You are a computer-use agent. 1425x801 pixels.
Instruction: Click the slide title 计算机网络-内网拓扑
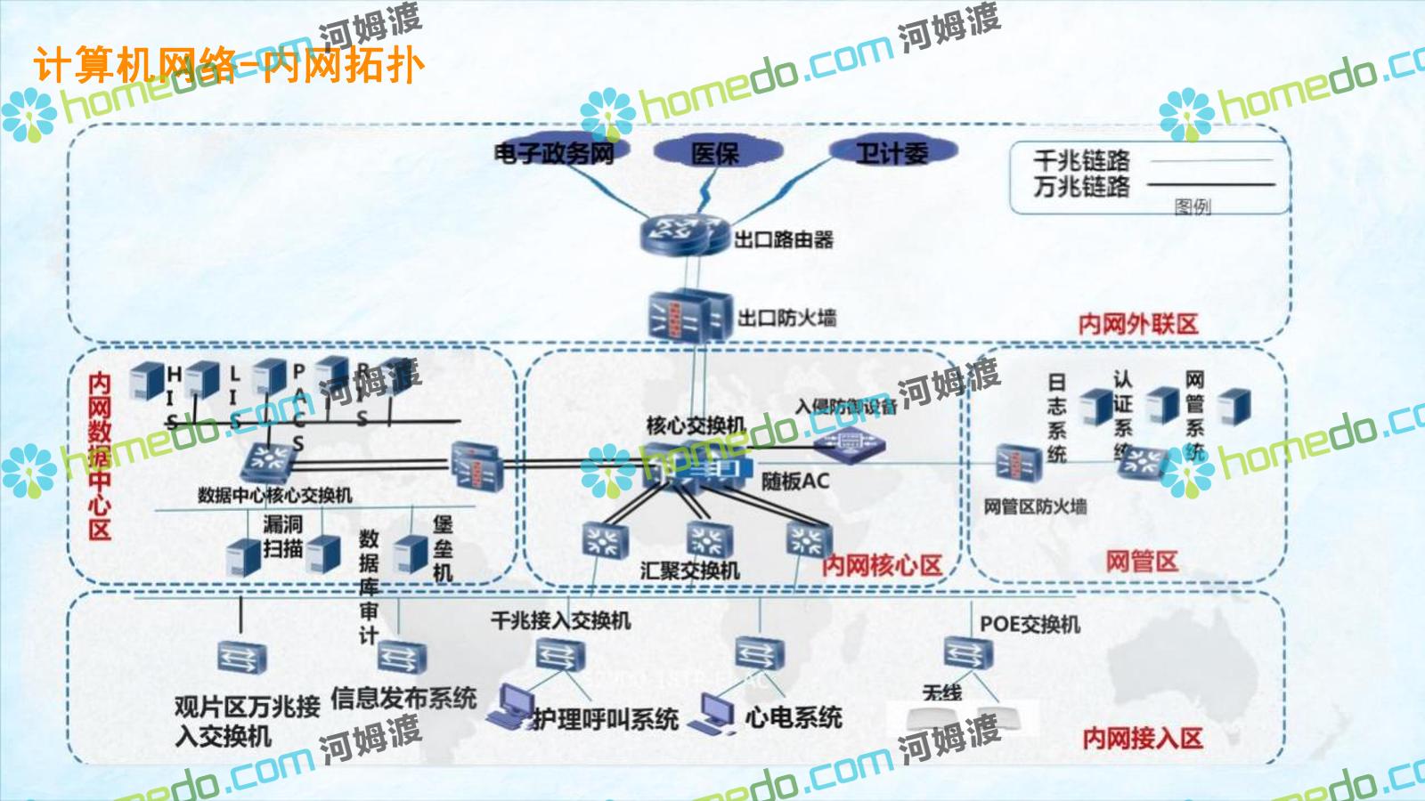click(x=229, y=65)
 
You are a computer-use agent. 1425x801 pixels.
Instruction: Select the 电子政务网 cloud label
click(x=554, y=153)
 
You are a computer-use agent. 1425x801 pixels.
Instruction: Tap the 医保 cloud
click(x=714, y=153)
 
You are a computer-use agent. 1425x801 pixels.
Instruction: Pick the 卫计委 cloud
click(x=892, y=153)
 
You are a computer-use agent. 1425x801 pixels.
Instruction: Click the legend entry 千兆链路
click(x=1081, y=161)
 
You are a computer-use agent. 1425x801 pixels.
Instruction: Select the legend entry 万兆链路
click(x=1081, y=187)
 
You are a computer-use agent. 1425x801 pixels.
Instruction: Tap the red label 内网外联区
click(x=1138, y=324)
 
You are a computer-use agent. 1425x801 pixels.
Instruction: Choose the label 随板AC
click(x=794, y=481)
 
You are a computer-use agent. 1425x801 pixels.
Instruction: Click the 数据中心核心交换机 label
click(x=274, y=495)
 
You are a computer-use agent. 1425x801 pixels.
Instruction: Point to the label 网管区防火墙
click(x=1035, y=506)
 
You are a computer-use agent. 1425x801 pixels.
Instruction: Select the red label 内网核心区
click(x=881, y=565)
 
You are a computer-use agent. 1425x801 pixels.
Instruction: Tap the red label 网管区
click(x=1141, y=562)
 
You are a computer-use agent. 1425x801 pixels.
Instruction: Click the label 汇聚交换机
click(x=689, y=570)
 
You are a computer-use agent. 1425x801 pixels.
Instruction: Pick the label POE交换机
click(x=1030, y=624)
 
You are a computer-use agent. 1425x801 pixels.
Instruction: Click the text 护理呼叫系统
click(x=606, y=718)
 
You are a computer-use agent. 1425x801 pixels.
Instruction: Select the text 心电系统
click(x=794, y=716)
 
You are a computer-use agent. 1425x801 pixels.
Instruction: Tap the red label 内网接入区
click(x=1143, y=738)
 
